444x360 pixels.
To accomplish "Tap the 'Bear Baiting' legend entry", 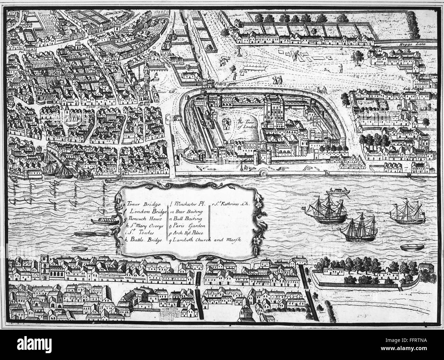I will tap(186, 212).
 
